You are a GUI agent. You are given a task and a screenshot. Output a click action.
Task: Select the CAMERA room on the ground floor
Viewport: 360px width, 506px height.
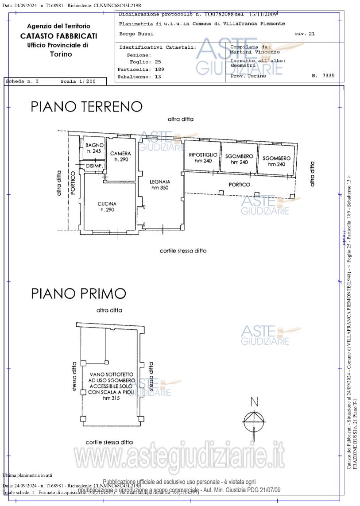[120, 156]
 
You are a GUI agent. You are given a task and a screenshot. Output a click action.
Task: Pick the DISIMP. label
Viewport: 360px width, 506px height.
[94, 166]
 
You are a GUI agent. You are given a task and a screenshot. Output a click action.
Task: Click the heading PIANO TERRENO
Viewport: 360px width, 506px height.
[86, 107]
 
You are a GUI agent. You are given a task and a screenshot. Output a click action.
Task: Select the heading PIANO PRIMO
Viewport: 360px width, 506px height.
[78, 294]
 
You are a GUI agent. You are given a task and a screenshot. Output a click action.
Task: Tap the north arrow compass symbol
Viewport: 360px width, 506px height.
[254, 418]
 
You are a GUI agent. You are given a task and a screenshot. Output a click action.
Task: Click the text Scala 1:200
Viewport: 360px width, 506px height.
[78, 82]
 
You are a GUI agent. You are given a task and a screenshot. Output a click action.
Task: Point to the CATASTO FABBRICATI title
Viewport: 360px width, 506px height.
[58, 36]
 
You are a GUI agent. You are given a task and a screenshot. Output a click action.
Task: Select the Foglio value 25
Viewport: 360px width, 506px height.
[158, 62]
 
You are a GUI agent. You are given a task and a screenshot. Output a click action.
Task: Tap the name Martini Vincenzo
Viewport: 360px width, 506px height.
[255, 52]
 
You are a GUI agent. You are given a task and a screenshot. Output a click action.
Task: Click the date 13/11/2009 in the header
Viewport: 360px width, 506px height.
[263, 14]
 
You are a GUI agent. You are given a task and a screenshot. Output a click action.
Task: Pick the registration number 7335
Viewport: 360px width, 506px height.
[328, 76]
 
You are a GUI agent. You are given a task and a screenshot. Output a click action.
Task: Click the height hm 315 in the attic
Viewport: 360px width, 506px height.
[111, 398]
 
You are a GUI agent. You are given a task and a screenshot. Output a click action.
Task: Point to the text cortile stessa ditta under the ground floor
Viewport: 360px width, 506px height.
[183, 251]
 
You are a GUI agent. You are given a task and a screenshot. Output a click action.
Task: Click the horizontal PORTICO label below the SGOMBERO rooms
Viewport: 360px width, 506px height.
[239, 185]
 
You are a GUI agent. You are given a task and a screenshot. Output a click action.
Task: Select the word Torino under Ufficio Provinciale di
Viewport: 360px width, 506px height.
[61, 54]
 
